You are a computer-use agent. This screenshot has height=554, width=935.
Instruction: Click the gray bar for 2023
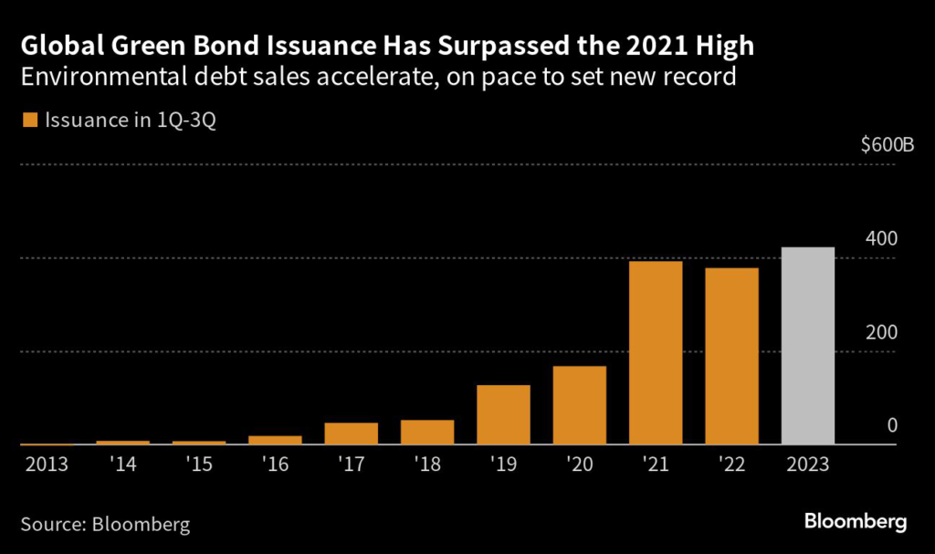coord(808,346)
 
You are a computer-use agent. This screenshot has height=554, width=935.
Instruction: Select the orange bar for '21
coord(656,353)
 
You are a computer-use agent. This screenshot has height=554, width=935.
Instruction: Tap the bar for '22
coord(731,356)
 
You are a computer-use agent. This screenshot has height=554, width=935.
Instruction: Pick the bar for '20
coord(580,405)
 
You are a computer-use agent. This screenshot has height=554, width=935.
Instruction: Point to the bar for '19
coord(503,415)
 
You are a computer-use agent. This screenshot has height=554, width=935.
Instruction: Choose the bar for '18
coord(427,433)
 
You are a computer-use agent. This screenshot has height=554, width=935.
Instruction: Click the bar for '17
coord(352,434)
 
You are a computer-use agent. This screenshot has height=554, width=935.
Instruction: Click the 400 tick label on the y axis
coord(881,238)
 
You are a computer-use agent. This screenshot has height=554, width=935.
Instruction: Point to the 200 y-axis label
coord(881,332)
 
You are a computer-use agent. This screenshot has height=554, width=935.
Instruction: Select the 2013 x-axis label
coord(47,464)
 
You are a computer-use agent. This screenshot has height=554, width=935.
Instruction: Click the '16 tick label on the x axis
coord(275,464)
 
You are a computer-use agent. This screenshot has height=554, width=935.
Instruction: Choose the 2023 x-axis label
coord(808,464)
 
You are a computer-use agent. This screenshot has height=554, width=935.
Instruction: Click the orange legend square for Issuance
coord(29,120)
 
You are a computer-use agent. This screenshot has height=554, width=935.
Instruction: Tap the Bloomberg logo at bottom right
coord(856,522)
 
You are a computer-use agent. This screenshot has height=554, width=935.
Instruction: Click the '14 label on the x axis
coord(122,464)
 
